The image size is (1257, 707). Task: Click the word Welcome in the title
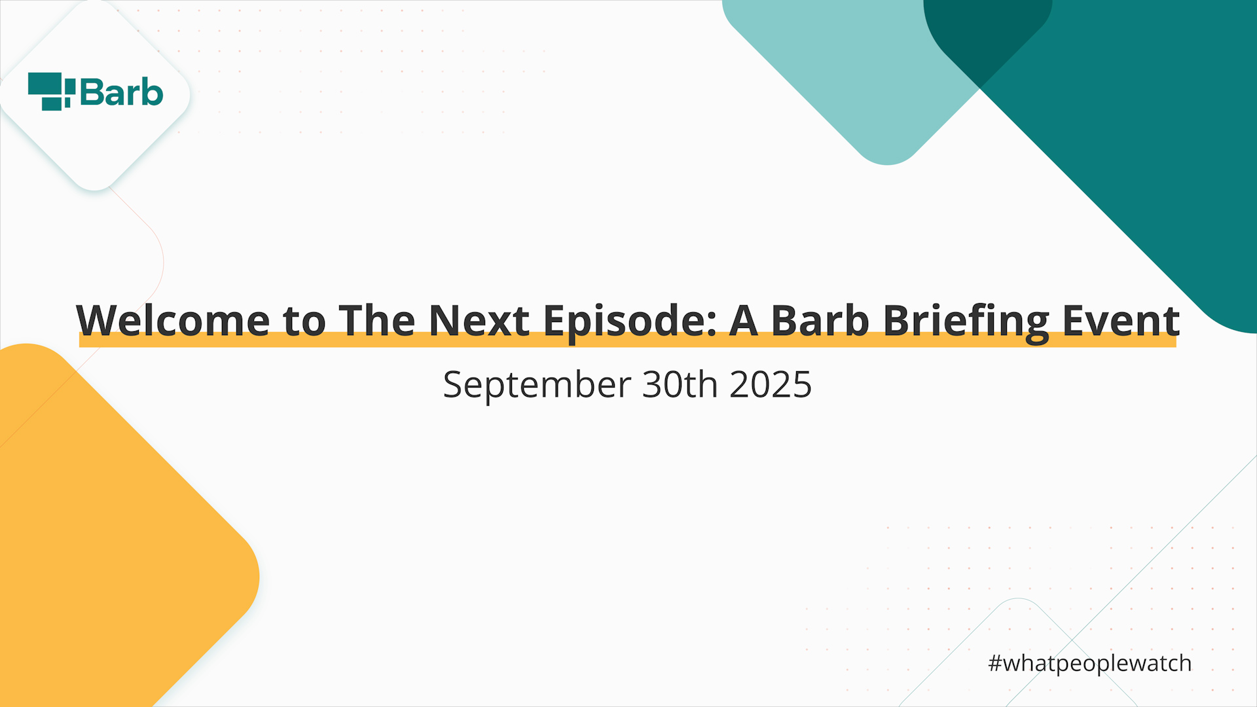point(173,321)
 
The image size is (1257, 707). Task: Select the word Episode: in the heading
point(630,323)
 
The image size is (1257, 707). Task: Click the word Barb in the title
point(820,321)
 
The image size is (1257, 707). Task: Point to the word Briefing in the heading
point(966,323)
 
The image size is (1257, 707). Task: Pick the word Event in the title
point(1121,321)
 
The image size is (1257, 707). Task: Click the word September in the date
point(537,385)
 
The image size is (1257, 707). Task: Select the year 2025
point(771,384)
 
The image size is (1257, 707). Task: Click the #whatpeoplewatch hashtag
point(1090,664)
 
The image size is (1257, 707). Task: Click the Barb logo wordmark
point(121,92)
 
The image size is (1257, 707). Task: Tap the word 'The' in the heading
point(377,321)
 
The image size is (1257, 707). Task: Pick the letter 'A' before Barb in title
point(744,321)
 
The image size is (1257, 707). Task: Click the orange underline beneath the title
point(628,340)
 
